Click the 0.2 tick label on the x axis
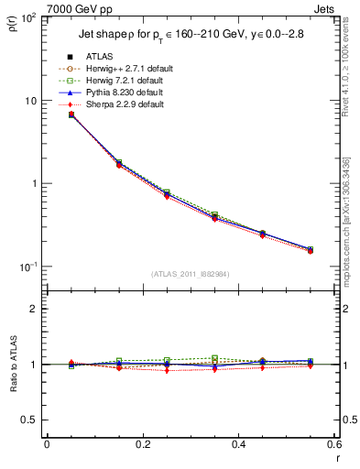pyautogui.click(x=142, y=445)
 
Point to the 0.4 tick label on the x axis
pyautogui.click(x=239, y=445)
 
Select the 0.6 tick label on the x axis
pyautogui.click(x=333, y=445)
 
